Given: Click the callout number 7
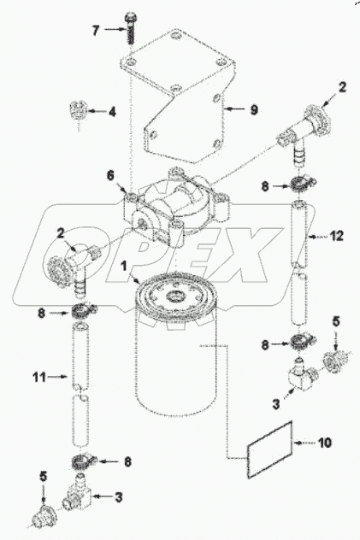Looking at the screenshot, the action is pyautogui.click(x=96, y=31).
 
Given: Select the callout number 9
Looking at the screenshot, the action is pyautogui.click(x=254, y=109).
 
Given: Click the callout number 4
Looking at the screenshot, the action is pyautogui.click(x=112, y=111).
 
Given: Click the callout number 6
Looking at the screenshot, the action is pyautogui.click(x=110, y=175).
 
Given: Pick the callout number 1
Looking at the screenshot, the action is pyautogui.click(x=124, y=266).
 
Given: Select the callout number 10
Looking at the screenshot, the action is pyautogui.click(x=325, y=443).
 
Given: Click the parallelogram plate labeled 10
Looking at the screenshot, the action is pyautogui.click(x=269, y=449).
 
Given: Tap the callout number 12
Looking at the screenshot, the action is pyautogui.click(x=337, y=236).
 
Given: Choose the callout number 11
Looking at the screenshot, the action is pyautogui.click(x=39, y=377).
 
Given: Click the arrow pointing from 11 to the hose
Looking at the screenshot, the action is pyautogui.click(x=57, y=377).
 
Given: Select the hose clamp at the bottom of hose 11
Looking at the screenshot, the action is pyautogui.click(x=84, y=461).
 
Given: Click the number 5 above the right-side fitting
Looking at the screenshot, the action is pyautogui.click(x=335, y=322).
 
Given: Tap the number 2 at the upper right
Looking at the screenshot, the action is pyautogui.click(x=342, y=87).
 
